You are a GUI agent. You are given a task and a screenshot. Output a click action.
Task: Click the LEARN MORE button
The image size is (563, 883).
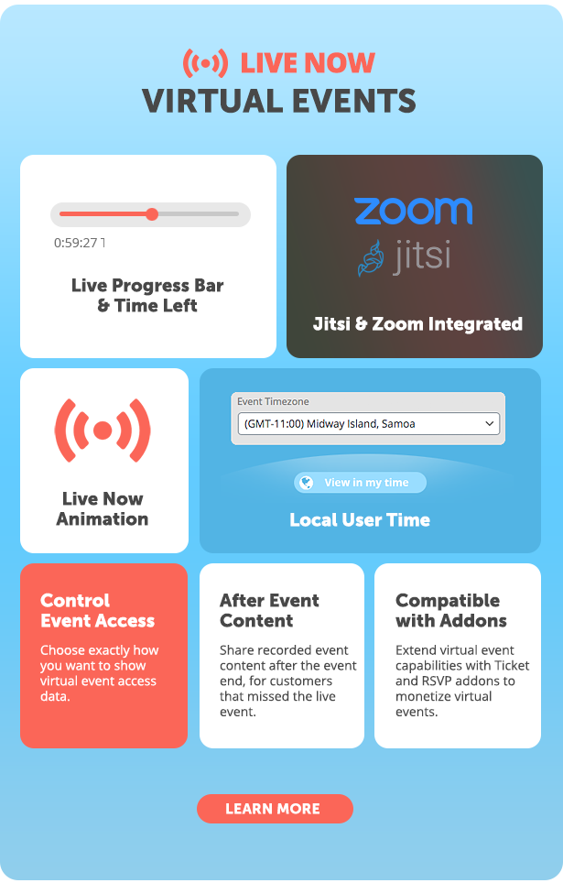tap(275, 809)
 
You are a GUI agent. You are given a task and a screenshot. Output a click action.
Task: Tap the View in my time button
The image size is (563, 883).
tap(360, 483)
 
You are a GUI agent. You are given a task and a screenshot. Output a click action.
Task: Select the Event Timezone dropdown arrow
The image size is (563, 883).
tap(489, 423)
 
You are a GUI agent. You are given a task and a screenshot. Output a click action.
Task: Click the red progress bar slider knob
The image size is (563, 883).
tap(152, 214)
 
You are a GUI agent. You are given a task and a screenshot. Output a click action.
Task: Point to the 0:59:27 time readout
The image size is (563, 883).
tap(76, 243)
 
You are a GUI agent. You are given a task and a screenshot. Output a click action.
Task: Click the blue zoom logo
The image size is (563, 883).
tap(413, 211)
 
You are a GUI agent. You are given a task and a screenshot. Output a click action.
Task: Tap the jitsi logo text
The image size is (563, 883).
tap(422, 256)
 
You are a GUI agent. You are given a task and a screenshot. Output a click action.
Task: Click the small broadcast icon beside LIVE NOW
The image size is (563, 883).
tap(205, 63)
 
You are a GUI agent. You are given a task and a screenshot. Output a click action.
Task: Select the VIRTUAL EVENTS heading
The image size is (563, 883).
tap(279, 101)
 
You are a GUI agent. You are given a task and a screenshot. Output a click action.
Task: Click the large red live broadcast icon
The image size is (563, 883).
tap(103, 431)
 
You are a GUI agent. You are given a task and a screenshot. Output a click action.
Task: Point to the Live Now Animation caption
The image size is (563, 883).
tap(103, 508)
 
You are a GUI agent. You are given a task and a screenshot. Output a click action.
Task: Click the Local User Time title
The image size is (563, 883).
tap(360, 519)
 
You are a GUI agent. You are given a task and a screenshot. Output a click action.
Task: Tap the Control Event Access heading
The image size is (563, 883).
tap(97, 610)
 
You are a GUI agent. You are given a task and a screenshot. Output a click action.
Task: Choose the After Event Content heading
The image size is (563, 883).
tap(269, 610)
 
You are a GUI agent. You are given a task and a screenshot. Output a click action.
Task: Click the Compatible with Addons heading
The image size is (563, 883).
tap(451, 610)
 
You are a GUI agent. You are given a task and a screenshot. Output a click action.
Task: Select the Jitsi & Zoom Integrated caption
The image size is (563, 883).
tap(417, 324)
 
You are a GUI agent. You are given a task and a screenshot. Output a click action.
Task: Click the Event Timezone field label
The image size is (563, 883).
tap(273, 401)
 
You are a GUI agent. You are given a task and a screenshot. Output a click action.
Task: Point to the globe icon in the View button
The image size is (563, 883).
tap(307, 483)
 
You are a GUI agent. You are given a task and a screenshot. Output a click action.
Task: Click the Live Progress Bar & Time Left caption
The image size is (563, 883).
tap(147, 296)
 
